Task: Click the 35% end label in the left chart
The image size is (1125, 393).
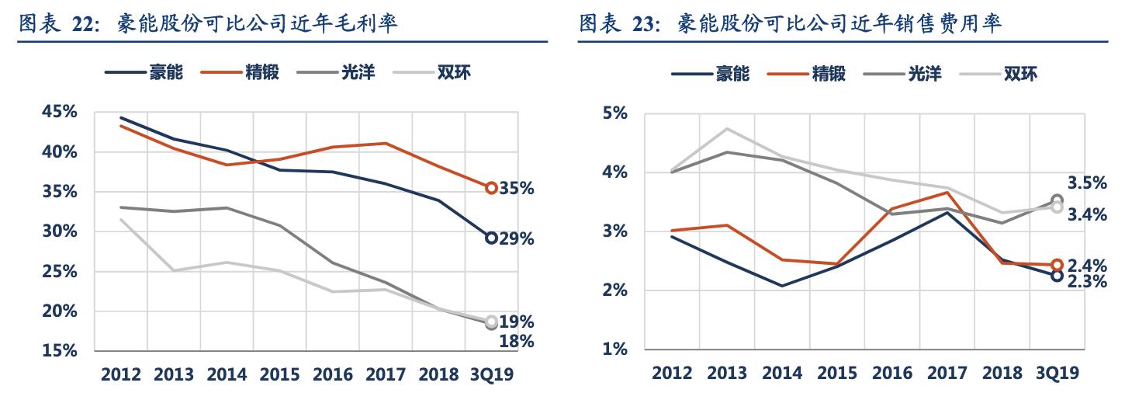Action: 517,189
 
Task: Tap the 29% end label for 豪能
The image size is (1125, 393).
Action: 517,239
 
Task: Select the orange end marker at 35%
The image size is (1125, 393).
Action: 491,188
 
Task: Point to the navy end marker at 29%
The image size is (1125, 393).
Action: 491,238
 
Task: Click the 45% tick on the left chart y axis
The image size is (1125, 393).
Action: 60,113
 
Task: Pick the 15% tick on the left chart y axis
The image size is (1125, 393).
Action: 60,351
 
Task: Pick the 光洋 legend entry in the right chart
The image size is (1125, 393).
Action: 925,74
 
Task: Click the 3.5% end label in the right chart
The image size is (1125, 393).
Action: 1087,183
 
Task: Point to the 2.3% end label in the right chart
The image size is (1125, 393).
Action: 1087,282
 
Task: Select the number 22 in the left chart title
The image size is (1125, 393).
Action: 83,25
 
